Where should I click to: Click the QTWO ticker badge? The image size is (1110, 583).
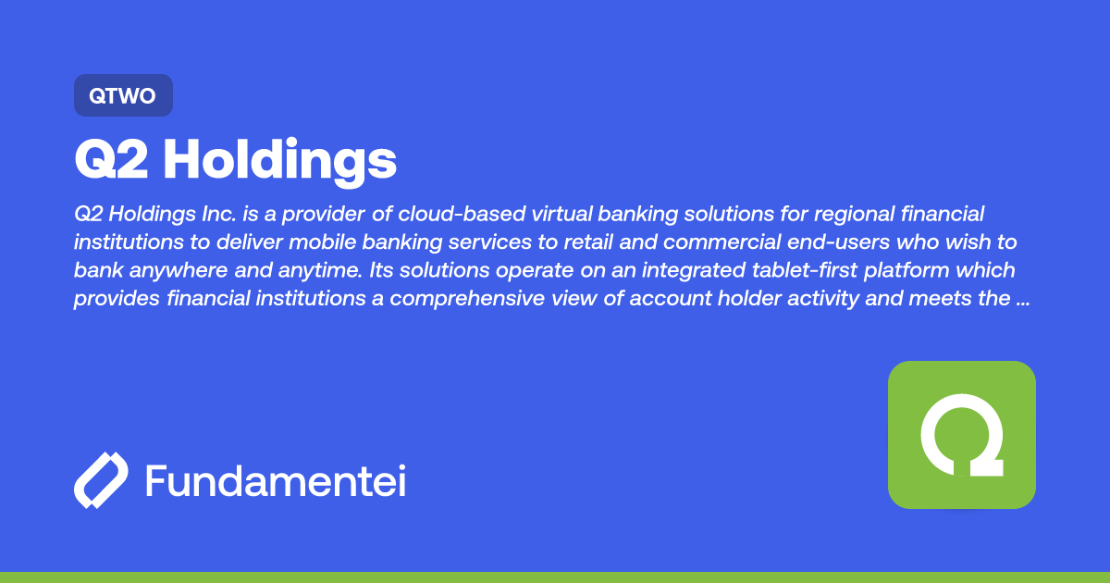(x=123, y=95)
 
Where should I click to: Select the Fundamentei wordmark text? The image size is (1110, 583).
(x=276, y=481)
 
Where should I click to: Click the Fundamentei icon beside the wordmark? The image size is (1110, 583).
(x=101, y=480)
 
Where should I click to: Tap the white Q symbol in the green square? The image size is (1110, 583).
(x=962, y=435)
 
